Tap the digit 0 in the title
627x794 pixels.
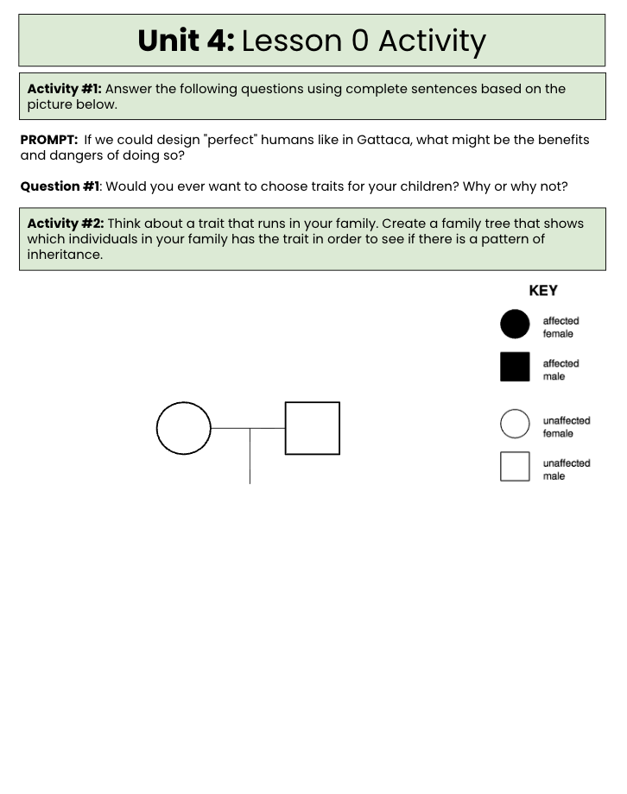click(360, 41)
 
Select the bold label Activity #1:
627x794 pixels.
click(65, 89)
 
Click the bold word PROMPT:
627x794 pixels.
click(49, 140)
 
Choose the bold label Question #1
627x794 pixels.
click(60, 186)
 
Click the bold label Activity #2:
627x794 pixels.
click(66, 224)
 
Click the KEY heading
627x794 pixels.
click(543, 291)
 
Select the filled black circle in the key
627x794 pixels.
click(515, 325)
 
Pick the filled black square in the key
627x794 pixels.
click(515, 367)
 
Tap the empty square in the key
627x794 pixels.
click(500, 466)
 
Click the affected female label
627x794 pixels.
click(560, 327)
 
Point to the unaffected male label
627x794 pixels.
click(567, 469)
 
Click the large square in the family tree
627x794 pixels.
click(285, 428)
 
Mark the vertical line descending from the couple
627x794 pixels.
click(250, 457)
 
